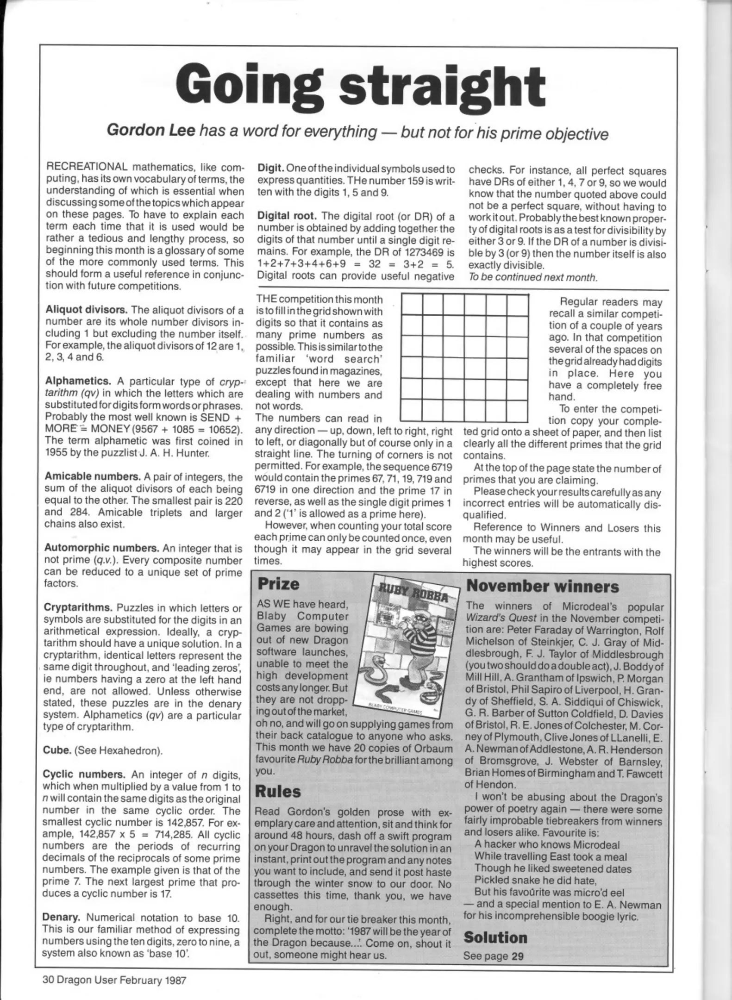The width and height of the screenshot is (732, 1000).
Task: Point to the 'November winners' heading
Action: point(542,587)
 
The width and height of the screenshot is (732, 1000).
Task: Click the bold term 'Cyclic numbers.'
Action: point(84,775)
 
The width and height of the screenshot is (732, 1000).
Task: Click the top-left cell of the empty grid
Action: point(412,306)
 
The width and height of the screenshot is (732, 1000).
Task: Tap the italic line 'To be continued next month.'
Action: point(532,277)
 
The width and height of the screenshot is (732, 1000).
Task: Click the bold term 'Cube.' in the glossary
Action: point(56,750)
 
